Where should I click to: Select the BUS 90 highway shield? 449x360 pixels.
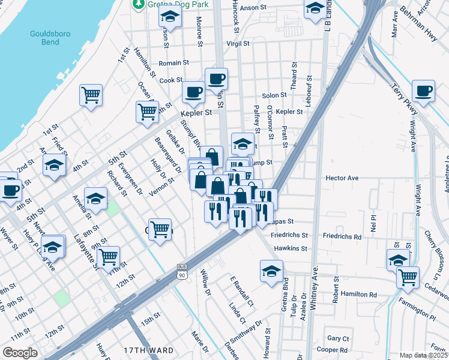pos(182,271)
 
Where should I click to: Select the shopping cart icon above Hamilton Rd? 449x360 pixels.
pos(408,277)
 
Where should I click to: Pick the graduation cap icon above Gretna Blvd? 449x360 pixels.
pos(271,271)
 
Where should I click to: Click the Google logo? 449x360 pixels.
pos(20,353)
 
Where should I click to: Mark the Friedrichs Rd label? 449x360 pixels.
pos(342,236)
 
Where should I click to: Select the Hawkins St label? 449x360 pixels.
pos(291,248)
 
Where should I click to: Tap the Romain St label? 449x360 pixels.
pos(174,62)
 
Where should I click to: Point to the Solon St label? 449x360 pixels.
pos(274,95)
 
